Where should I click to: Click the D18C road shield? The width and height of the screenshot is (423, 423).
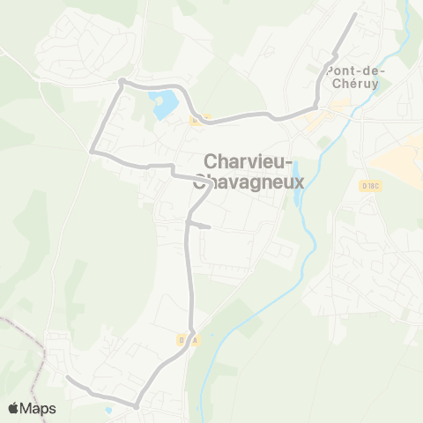[x=370, y=186]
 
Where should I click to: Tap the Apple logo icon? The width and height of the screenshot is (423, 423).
[x=14, y=408]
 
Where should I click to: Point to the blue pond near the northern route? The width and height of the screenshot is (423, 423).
[x=162, y=104]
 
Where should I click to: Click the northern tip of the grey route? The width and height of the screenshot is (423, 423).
[x=354, y=14]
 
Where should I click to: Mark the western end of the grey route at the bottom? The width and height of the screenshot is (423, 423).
[x=68, y=378]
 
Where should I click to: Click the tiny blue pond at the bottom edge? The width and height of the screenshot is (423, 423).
[x=108, y=411]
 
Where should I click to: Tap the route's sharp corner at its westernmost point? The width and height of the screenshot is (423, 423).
[x=92, y=152]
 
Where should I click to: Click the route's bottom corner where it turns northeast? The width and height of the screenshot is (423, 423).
[x=137, y=406]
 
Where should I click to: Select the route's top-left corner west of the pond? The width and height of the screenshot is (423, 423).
[x=122, y=82]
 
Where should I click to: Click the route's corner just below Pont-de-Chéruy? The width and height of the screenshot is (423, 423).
[x=315, y=107]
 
